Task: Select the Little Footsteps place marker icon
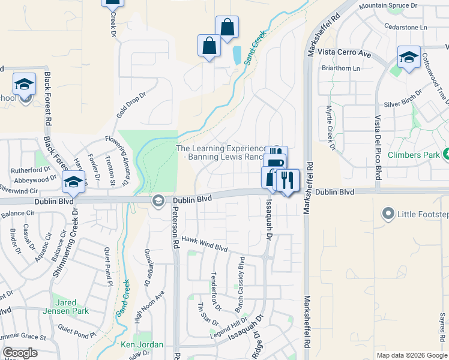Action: (x=388, y=214)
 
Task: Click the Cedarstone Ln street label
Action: (x=406, y=27)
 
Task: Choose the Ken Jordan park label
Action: (x=142, y=344)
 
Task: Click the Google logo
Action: (x=20, y=353)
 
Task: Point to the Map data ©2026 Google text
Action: (x=412, y=355)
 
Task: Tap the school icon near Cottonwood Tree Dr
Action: (x=409, y=58)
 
